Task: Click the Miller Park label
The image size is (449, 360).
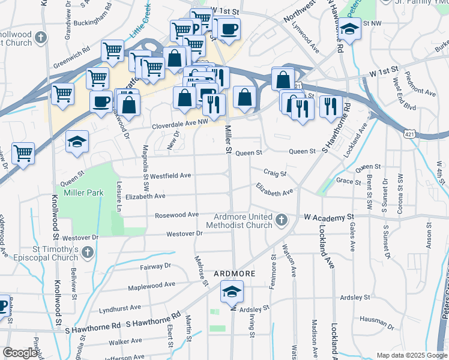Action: pyautogui.click(x=85, y=193)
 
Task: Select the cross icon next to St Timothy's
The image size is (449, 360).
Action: pyautogui.click(x=88, y=252)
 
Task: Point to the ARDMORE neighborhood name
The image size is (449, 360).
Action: pyautogui.click(x=235, y=274)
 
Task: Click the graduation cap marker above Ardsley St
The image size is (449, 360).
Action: pyautogui.click(x=231, y=292)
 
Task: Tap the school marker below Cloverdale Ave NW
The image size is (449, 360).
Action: pyautogui.click(x=77, y=142)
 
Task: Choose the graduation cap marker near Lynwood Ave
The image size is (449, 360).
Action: pyautogui.click(x=348, y=28)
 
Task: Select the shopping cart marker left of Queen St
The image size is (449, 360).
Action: pyautogui.click(x=23, y=153)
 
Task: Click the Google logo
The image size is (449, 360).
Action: pyautogui.click(x=20, y=353)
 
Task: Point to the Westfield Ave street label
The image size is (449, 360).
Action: pyautogui.click(x=170, y=176)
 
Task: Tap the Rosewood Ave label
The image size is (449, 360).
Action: pyautogui.click(x=176, y=215)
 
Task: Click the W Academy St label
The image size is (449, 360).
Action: pyautogui.click(x=327, y=217)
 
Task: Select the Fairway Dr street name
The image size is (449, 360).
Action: pyautogui.click(x=155, y=266)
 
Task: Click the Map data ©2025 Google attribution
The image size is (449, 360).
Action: pyautogui.click(x=411, y=355)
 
